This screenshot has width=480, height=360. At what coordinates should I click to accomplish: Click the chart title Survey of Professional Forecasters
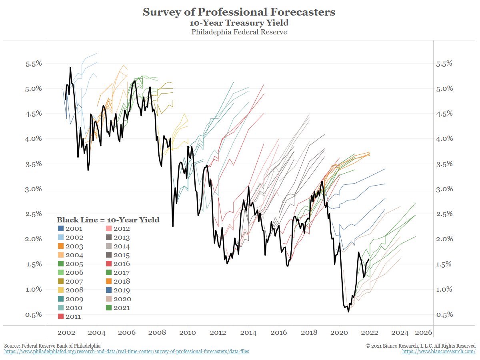[239, 12]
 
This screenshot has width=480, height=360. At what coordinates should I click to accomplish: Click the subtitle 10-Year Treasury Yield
[239, 23]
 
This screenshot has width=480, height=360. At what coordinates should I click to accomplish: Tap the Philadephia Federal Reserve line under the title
[239, 32]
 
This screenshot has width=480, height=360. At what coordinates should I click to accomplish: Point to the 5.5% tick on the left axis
[31, 64]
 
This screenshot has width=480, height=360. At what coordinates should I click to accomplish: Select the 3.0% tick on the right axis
[444, 189]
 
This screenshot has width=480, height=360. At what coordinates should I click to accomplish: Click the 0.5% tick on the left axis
[31, 314]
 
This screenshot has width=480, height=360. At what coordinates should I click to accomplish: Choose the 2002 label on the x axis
[66, 333]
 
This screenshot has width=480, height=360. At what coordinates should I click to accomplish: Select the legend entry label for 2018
[122, 282]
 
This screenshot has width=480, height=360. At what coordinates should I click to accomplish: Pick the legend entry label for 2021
[122, 308]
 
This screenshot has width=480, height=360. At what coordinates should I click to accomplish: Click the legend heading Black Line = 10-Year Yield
[108, 220]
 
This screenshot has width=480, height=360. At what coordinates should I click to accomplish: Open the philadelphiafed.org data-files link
[126, 352]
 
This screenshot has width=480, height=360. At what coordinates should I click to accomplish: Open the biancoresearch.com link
[438, 352]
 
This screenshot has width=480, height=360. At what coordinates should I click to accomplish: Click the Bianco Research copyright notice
[420, 345]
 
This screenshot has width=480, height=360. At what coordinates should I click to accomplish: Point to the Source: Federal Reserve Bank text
[52, 345]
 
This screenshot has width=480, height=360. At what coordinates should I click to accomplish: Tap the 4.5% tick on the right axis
[444, 114]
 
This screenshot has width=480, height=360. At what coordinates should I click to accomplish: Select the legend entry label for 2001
[74, 229]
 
